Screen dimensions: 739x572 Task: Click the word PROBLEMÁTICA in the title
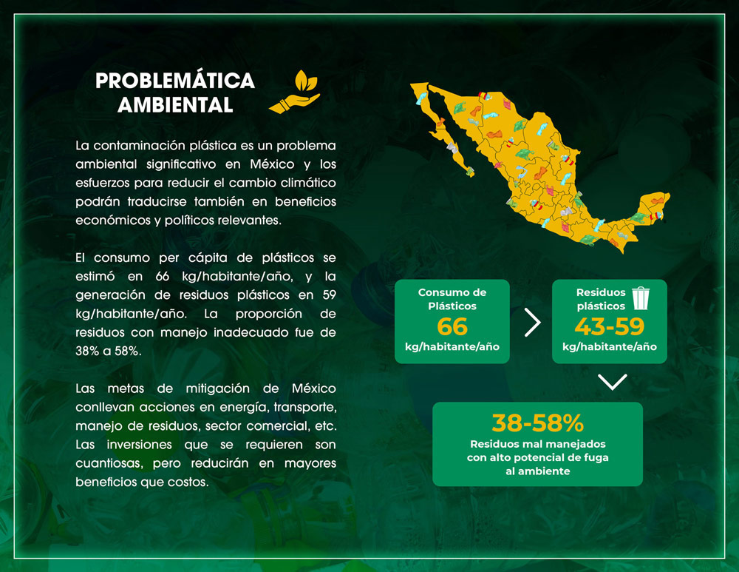click(x=175, y=81)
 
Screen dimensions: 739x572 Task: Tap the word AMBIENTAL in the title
click(x=175, y=105)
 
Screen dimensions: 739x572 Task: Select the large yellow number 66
click(x=452, y=326)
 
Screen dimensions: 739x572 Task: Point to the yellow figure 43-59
click(x=610, y=326)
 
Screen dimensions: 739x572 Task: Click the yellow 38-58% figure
click(x=538, y=423)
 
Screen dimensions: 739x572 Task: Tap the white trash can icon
click(x=641, y=298)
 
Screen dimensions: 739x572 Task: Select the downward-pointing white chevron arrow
click(x=612, y=381)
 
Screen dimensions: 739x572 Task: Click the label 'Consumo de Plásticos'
click(x=452, y=299)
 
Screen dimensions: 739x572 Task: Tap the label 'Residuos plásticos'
click(x=601, y=299)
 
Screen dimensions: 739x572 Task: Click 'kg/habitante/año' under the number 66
click(x=452, y=347)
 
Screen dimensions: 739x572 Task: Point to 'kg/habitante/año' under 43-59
click(x=610, y=347)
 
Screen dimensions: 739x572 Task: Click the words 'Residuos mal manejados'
click(x=538, y=444)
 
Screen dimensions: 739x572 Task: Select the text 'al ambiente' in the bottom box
click(x=538, y=471)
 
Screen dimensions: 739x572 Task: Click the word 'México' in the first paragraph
click(x=272, y=164)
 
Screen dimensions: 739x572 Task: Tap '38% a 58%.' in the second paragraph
click(x=109, y=351)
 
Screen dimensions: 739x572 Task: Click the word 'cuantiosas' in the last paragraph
click(x=109, y=463)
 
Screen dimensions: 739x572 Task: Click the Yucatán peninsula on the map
click(x=653, y=208)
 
